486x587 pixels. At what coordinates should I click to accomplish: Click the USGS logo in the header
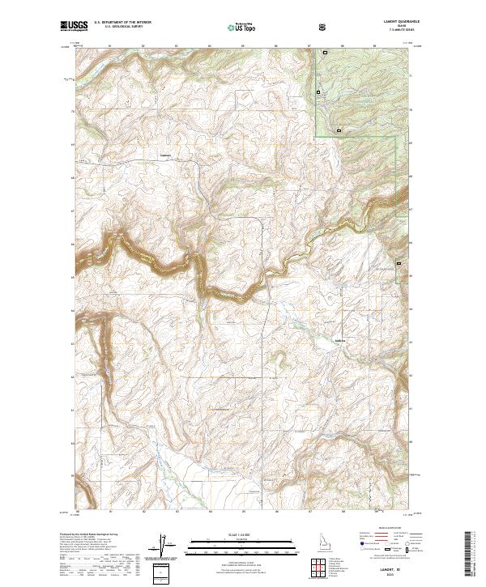(74, 27)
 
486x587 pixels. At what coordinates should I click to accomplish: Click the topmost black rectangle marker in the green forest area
(326, 53)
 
